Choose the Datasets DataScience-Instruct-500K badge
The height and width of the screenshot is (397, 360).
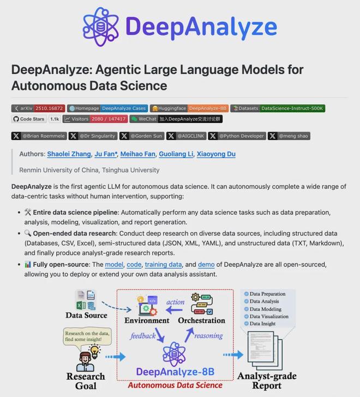278,109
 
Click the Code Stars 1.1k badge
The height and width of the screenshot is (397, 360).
37,119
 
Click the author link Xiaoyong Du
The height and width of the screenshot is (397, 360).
216,154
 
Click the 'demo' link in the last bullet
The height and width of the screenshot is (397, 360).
206,264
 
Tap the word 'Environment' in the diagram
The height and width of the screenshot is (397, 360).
146,320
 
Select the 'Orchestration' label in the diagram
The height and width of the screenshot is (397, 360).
201,320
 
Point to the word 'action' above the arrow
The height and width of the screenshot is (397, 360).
175,302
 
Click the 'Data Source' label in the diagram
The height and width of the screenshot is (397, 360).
86,315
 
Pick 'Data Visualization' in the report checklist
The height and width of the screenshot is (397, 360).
269,316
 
